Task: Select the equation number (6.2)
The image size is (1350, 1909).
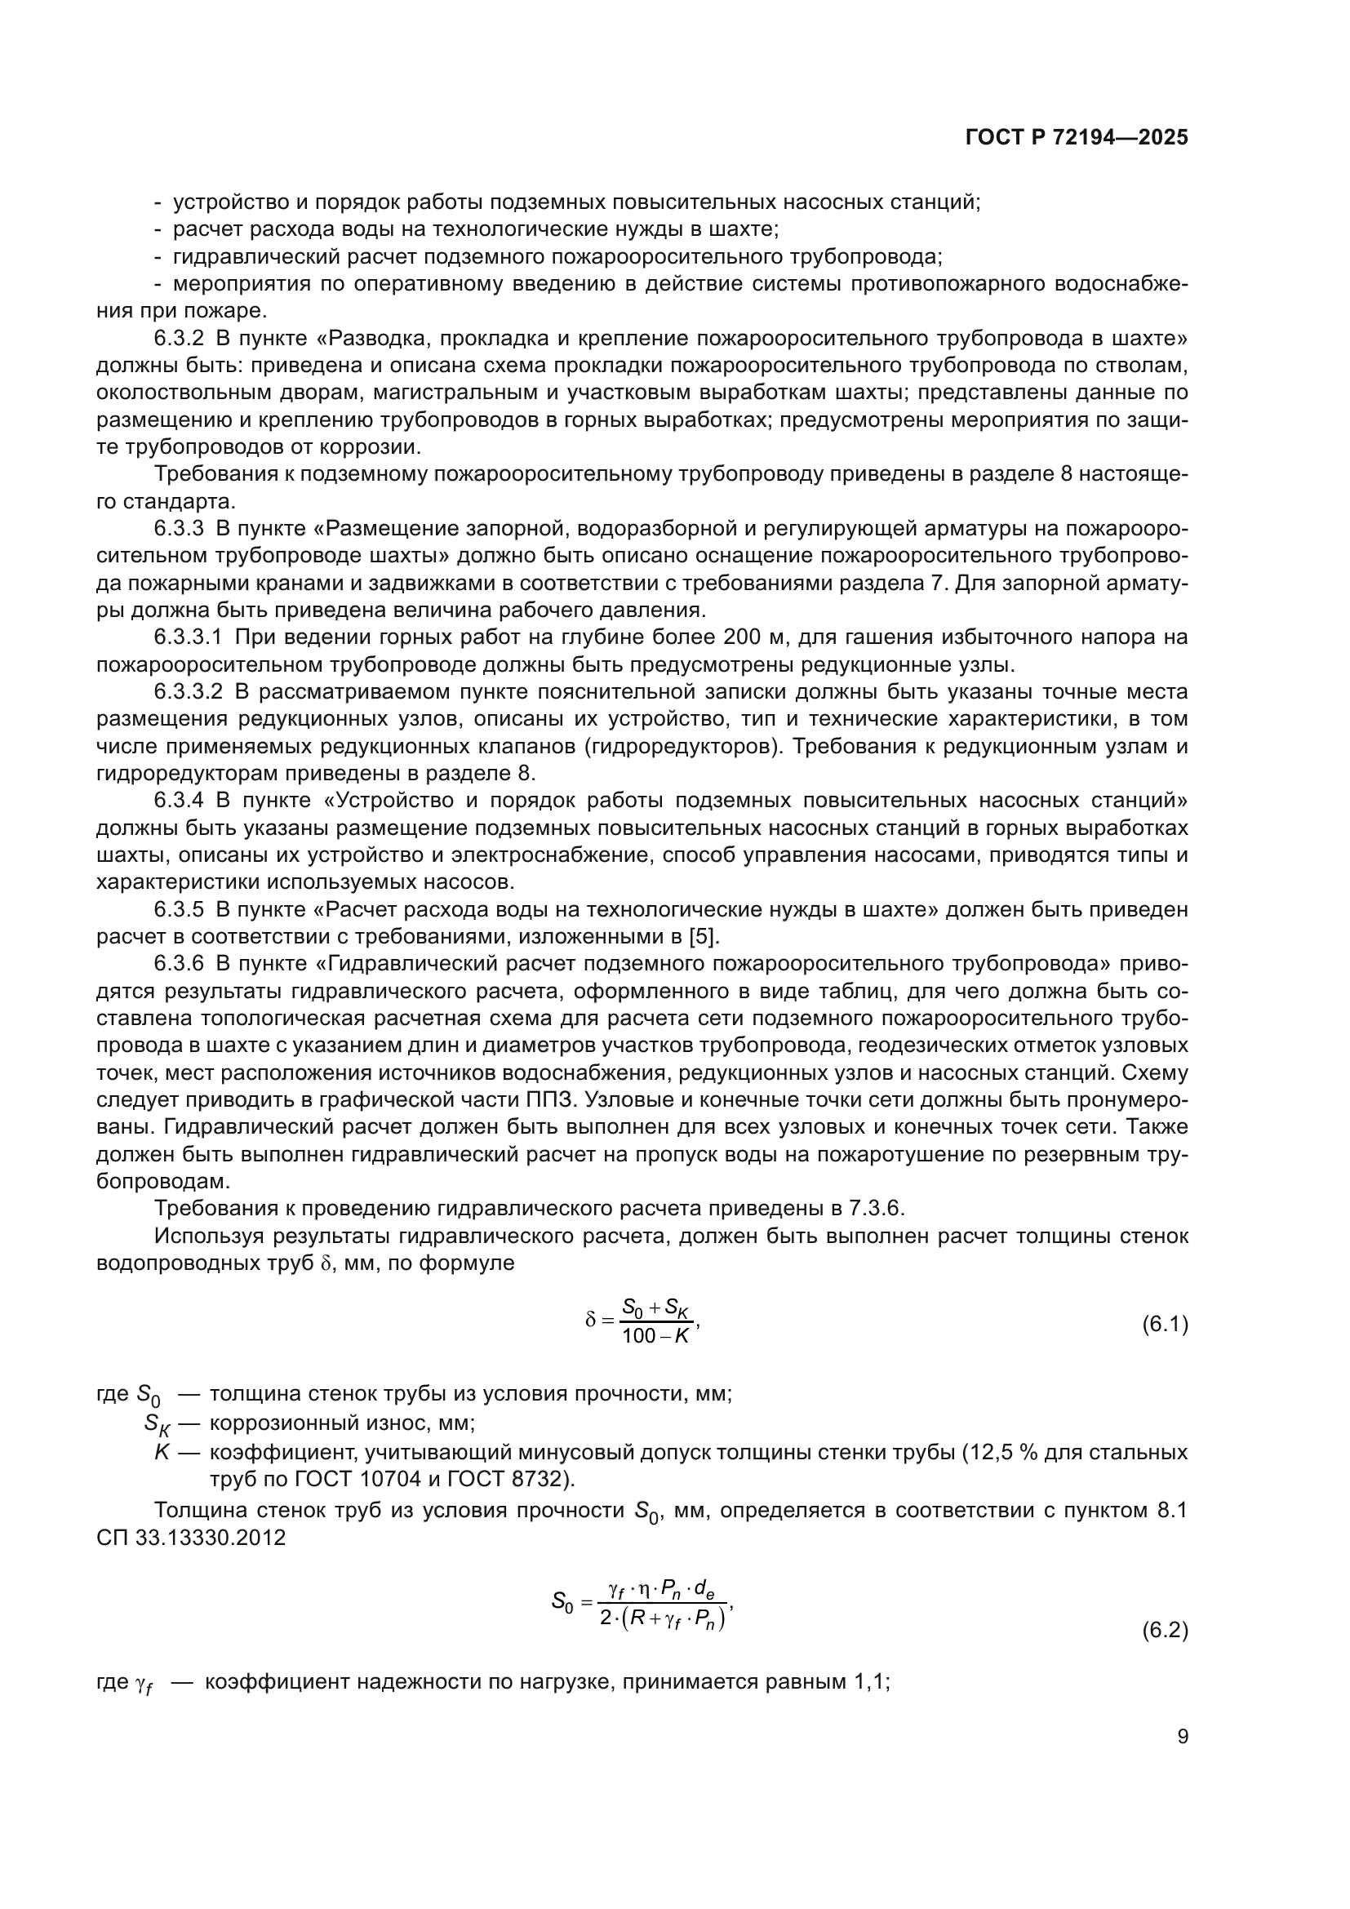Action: (1165, 1631)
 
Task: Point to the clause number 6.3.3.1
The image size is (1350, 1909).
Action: (189, 637)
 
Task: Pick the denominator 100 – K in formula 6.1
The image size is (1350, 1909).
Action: (656, 1337)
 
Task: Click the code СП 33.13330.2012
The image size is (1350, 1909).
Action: (191, 1538)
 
